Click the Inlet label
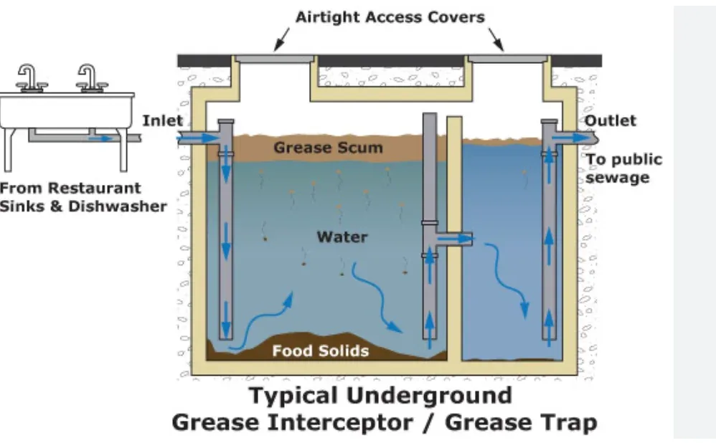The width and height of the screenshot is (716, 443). pos(163,120)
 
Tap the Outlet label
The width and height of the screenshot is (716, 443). pos(610,120)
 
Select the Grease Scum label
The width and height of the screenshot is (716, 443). pos(328,148)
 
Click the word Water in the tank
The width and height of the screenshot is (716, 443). pos(342,237)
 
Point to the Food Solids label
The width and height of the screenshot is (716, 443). pos(321,351)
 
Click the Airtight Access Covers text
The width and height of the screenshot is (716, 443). pos(390,17)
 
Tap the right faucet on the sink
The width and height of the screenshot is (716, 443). pos(90,78)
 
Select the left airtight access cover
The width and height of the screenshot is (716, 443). pos(275,59)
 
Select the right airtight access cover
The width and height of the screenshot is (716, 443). pos(507,59)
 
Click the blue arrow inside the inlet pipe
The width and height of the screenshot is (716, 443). pos(200,138)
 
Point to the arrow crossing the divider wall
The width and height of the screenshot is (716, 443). pos(454,238)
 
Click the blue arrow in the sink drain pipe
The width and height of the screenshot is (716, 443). pos(101,138)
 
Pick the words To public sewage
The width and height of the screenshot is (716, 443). pos(623,168)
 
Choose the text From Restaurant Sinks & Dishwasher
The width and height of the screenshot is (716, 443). pos(83,197)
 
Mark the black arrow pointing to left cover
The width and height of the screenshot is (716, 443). pos(281,39)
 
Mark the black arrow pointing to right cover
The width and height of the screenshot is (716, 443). pos(496,39)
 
